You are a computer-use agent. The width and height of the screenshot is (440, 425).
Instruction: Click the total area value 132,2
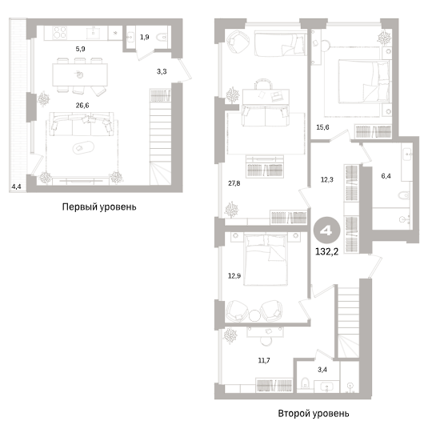coord(327,252)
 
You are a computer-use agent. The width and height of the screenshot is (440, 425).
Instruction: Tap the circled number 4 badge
coord(327,231)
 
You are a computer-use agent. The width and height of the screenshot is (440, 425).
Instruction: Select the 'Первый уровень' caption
coord(99,207)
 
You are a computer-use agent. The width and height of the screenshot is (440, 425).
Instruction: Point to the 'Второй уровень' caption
coord(314,414)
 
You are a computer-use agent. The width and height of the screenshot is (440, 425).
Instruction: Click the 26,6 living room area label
coord(82,106)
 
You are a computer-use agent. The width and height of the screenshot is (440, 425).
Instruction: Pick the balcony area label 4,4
coord(16,186)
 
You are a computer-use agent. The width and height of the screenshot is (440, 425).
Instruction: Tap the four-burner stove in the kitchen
coord(60,33)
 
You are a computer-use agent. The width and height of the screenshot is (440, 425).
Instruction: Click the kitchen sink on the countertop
coord(94,33)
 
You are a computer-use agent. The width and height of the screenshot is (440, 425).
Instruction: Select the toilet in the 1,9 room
coord(161,37)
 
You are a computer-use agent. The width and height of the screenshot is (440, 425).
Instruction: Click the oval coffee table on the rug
coord(83,147)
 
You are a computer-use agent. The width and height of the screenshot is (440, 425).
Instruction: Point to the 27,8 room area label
coord(234,183)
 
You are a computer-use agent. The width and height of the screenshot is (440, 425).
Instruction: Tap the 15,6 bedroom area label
coord(322,127)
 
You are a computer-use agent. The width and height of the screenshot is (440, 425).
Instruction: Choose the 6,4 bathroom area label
coord(386,176)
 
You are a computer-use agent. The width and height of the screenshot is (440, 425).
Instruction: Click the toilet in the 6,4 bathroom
coord(404,195)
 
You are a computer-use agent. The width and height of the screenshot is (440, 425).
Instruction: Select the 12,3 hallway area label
coord(327,179)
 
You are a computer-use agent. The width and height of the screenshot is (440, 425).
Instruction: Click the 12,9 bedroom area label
coord(234,276)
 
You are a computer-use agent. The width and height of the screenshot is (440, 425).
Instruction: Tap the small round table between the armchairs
coord(254,315)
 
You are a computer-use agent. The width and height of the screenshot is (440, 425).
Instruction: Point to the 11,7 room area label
coord(264,360)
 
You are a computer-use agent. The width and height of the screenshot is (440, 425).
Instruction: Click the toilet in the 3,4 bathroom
coord(305,383)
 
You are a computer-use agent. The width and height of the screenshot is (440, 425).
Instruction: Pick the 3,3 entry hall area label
coord(162,72)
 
